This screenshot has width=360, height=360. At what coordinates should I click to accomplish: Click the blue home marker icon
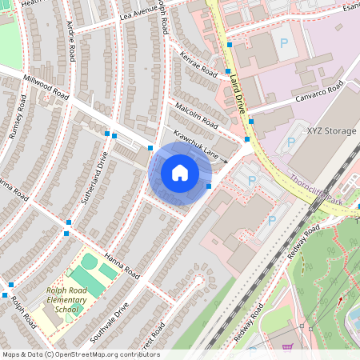[x=180, y=173]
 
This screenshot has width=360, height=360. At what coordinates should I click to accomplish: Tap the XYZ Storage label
[x=332, y=130]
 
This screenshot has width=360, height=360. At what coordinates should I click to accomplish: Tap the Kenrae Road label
[x=199, y=65]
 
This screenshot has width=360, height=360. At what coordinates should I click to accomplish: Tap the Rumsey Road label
[x=18, y=118]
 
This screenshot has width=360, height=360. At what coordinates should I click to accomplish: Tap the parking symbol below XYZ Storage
[x=290, y=143]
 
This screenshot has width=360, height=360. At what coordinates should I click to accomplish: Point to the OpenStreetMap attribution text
[x=80, y=354]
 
